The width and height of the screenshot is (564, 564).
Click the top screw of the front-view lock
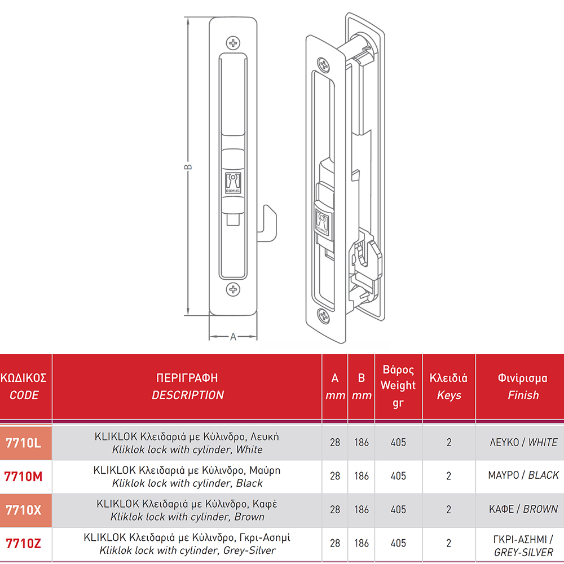pyautogui.click(x=233, y=43)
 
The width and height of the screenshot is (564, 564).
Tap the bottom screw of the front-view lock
pyautogui.click(x=233, y=289)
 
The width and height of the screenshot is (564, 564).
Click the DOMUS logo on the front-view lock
pyautogui.click(x=233, y=183)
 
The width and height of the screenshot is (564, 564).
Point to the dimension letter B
pyautogui.click(x=188, y=167)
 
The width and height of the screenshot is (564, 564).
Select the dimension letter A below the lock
pyautogui.click(x=233, y=337)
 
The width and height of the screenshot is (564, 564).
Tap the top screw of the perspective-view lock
pyautogui.click(x=324, y=65)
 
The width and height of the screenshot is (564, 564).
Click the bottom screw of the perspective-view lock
pyautogui.click(x=324, y=316)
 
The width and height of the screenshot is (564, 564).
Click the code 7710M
pyautogui.click(x=23, y=477)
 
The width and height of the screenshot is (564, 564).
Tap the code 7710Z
pyautogui.click(x=23, y=544)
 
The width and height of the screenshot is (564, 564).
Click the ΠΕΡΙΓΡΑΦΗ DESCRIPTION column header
pyautogui.click(x=187, y=386)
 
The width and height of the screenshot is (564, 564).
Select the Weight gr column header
pyautogui.click(x=398, y=386)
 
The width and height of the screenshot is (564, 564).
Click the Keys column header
pyautogui.click(x=449, y=386)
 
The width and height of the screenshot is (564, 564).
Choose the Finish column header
pyautogui.click(x=523, y=386)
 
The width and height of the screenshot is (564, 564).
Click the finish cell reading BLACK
pyautogui.click(x=523, y=475)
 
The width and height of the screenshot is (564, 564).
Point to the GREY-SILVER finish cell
pyautogui.click(x=523, y=545)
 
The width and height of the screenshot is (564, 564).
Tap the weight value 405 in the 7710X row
pyautogui.click(x=398, y=510)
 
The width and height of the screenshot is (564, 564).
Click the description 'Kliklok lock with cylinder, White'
pyautogui.click(x=187, y=450)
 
